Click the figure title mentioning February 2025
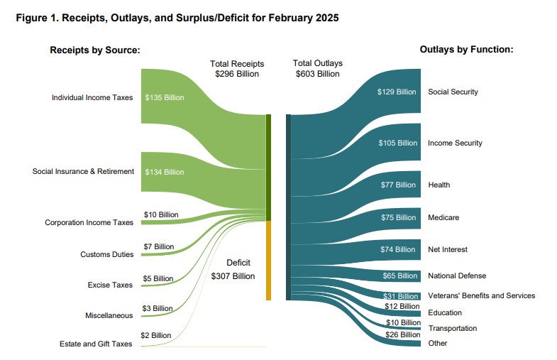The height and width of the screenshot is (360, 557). coord(177,18)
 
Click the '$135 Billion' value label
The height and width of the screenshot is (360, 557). coord(165,97)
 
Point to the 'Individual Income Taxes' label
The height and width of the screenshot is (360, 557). coord(92,97)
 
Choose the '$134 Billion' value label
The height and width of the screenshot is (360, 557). coord(165,172)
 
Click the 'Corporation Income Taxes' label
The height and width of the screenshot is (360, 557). coord(89,222)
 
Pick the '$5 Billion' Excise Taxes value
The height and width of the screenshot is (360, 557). coord(158,278)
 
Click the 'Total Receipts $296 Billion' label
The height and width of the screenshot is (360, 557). coord(237,68)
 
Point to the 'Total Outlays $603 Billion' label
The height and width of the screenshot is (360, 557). coord(317,68)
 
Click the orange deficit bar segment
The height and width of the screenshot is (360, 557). coord(269,260)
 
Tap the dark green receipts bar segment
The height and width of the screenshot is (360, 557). coord(269,167)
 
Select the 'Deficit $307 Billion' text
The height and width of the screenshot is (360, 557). coord(233,269)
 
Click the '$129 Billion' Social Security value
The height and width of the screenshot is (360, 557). coord(397,92)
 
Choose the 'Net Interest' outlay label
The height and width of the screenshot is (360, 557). coord(448,249)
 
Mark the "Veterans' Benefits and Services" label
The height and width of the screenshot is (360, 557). coord(481,295)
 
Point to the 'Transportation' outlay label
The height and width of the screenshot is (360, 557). coord(453,328)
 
